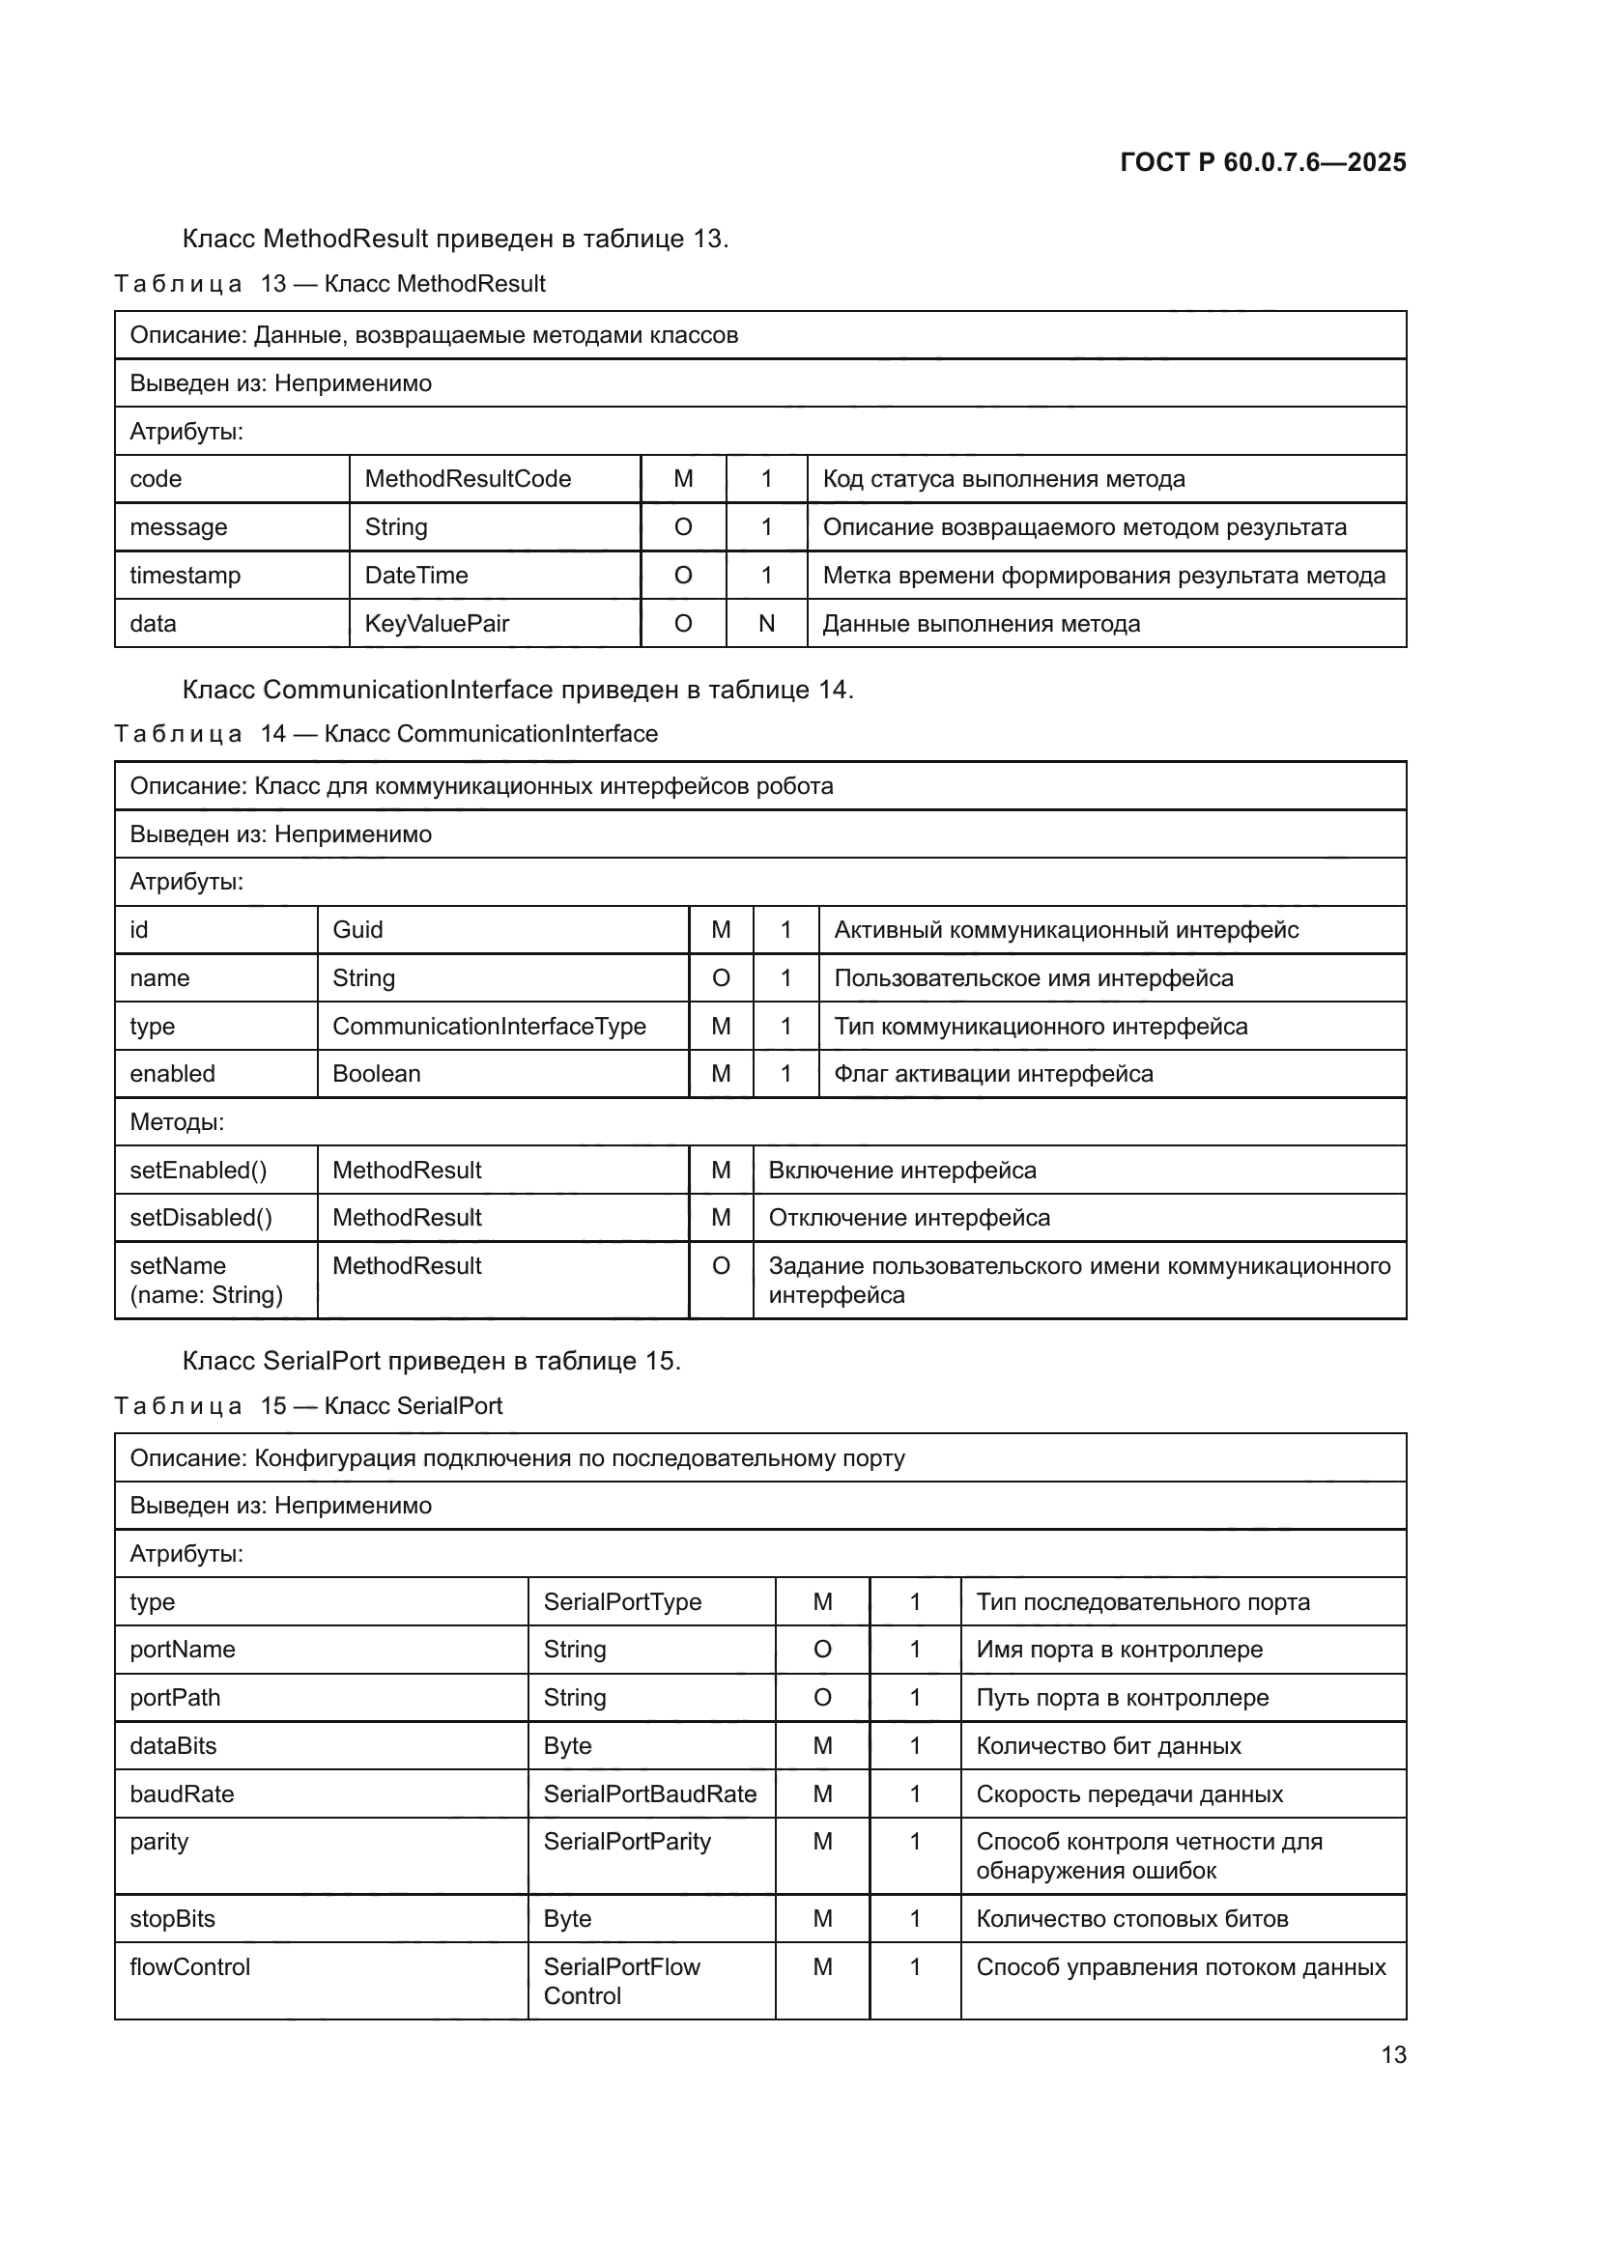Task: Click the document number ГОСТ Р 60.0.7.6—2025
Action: click(x=1263, y=162)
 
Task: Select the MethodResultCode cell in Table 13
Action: click(x=468, y=479)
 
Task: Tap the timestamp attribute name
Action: click(x=185, y=576)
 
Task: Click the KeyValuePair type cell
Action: click(x=437, y=624)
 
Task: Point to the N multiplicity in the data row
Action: click(x=766, y=624)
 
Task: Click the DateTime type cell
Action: click(x=416, y=576)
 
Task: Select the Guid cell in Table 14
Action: click(x=358, y=930)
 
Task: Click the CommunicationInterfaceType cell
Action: click(x=489, y=1027)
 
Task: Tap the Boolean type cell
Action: click(x=377, y=1073)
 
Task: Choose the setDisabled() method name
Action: click(x=201, y=1218)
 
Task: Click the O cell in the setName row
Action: click(x=722, y=1266)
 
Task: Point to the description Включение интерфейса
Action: click(x=902, y=1171)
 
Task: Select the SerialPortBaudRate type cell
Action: click(x=649, y=1793)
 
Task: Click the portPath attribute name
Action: click(x=175, y=1697)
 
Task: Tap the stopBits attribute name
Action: click(x=172, y=1919)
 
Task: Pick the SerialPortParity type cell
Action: click(x=627, y=1842)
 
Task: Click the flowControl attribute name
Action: click(x=190, y=1966)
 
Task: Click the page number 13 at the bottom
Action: click(x=1393, y=2055)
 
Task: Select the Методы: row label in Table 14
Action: click(x=177, y=1121)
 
